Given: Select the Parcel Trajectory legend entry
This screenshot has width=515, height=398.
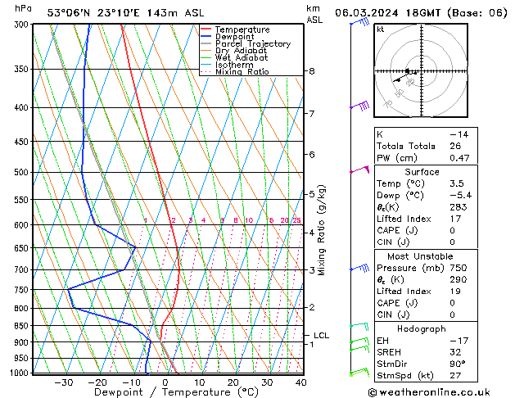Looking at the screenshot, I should click(x=252, y=44).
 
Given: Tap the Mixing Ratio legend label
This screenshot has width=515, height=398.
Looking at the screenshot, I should click(x=243, y=72).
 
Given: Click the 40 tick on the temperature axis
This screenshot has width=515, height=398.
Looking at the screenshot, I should click(x=300, y=382).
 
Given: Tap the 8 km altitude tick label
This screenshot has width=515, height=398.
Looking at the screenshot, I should click(x=311, y=71).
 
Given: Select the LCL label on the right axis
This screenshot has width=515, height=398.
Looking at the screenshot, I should click(x=321, y=335).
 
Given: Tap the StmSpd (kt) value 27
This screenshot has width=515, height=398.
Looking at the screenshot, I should click(x=456, y=376).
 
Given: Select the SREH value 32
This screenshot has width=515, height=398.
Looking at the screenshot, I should click(x=456, y=352).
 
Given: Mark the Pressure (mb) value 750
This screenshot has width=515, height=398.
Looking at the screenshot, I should click(x=459, y=267).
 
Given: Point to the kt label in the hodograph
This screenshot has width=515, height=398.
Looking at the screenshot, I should click(x=381, y=29).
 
